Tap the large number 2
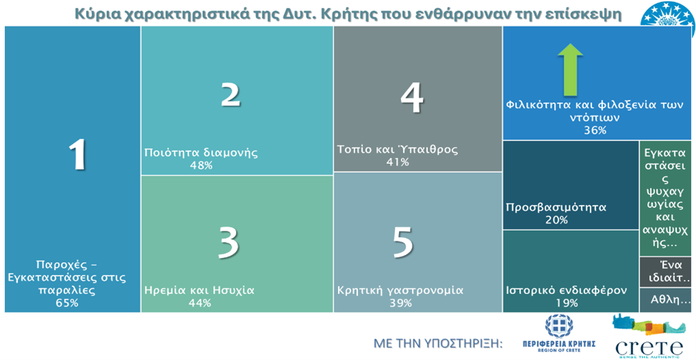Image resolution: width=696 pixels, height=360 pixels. tap(230, 95)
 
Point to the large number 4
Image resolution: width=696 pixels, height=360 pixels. tap(411, 98)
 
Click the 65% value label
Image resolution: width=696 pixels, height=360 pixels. tap(67, 302)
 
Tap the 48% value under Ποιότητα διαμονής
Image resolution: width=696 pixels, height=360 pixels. tap(200, 165)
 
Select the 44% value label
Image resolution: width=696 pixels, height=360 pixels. tap(200, 302)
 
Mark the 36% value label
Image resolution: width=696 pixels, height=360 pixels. tap(595, 130)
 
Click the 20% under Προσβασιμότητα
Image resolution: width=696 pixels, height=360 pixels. tap(556, 219)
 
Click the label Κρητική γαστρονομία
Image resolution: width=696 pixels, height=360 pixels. tap(400, 290)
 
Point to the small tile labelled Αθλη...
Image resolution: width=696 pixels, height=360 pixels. tap(665, 300)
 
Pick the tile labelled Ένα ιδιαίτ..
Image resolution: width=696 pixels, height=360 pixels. tap(665, 272)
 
